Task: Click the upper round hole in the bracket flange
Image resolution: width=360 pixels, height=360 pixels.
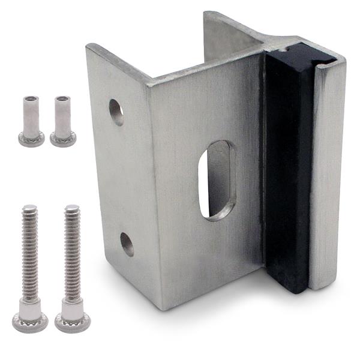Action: click(x=116, y=112)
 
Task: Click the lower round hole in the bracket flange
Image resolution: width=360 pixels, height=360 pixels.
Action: click(x=127, y=244)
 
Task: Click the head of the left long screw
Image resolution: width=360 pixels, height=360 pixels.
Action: click(x=30, y=321)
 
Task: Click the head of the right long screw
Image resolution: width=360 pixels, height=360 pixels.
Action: click(x=73, y=322)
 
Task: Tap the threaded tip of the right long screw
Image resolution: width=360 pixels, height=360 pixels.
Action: click(x=72, y=209)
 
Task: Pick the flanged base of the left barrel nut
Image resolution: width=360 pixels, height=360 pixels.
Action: click(x=31, y=140)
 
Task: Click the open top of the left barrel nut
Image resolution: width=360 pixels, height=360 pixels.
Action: click(x=31, y=99)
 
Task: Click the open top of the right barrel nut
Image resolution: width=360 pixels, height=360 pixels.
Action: click(x=62, y=99)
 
